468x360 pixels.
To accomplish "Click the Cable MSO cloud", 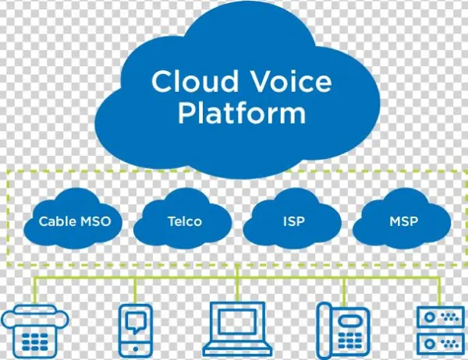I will [75, 221].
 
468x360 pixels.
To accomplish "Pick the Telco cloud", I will [184, 221].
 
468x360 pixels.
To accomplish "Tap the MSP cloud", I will [402, 221].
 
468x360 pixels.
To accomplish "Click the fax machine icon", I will [35, 330].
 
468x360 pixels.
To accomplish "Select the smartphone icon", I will [134, 329].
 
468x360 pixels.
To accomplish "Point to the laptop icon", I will [239, 330].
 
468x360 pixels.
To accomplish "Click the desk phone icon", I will [342, 330].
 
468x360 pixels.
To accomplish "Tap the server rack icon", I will [440, 330].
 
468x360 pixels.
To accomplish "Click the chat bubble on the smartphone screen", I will [134, 320].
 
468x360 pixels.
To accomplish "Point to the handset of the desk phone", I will [326, 330].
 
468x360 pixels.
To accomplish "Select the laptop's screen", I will [239, 323].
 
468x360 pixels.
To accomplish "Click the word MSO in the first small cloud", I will [96, 221].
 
